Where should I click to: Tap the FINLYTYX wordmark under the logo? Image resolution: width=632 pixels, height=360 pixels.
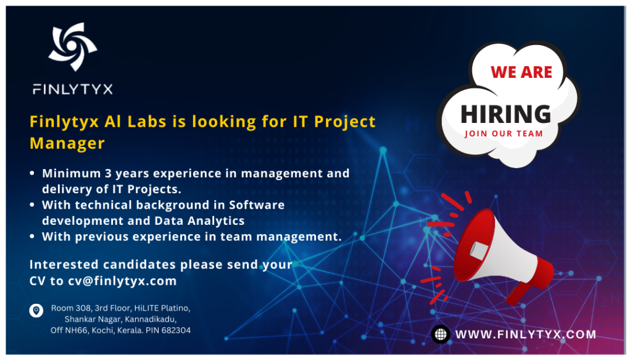click(72, 89)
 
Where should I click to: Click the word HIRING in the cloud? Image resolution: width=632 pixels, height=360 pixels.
click(505, 114)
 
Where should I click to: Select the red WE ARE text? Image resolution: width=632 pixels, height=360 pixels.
click(521, 72)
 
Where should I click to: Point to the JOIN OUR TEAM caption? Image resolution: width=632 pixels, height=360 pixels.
click(504, 133)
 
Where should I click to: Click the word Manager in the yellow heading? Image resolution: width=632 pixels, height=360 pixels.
click(67, 143)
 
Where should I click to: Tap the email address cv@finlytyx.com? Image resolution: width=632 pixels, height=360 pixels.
click(122, 281)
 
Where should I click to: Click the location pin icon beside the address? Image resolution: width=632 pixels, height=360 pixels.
click(36, 310)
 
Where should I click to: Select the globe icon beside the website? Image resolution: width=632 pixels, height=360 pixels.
click(440, 335)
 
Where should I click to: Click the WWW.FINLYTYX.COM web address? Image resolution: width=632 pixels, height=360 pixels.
click(526, 335)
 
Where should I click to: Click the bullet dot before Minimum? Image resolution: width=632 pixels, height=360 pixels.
click(32, 174)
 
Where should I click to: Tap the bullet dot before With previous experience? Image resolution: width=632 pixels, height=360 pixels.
click(32, 237)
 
